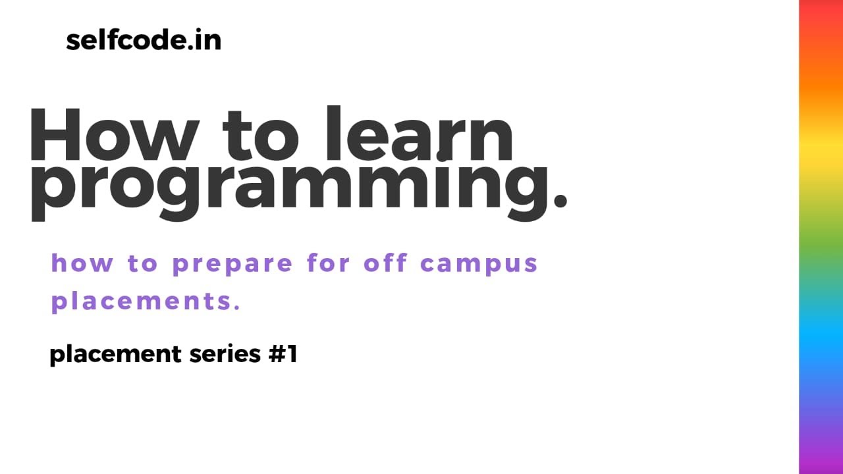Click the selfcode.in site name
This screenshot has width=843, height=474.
tap(144, 41)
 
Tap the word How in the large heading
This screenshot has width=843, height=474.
tap(112, 137)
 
